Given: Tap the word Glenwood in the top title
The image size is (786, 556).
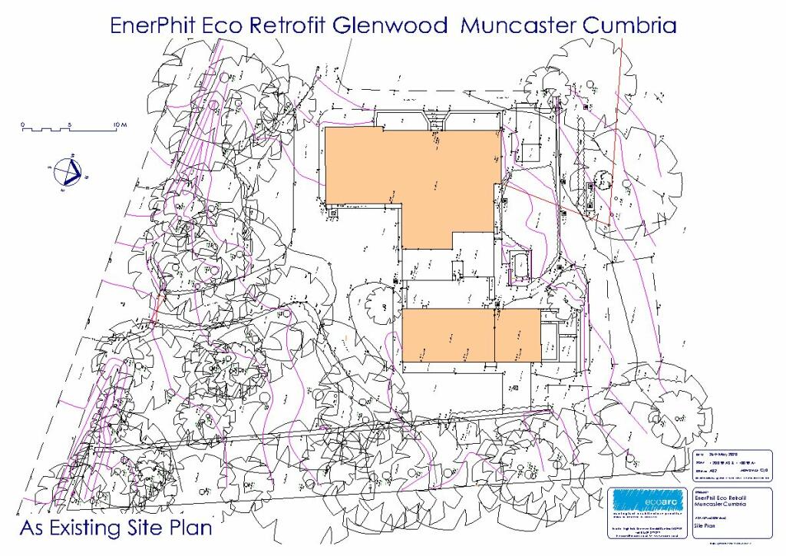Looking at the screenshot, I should click(391, 25).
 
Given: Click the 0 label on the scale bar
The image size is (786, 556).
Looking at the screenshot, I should click(23, 124).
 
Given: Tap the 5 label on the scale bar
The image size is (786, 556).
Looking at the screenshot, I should click(69, 124).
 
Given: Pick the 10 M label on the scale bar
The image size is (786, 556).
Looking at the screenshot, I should click(119, 124).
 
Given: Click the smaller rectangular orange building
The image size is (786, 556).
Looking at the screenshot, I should click(471, 335).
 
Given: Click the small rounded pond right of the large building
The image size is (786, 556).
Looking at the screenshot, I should click(520, 263).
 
